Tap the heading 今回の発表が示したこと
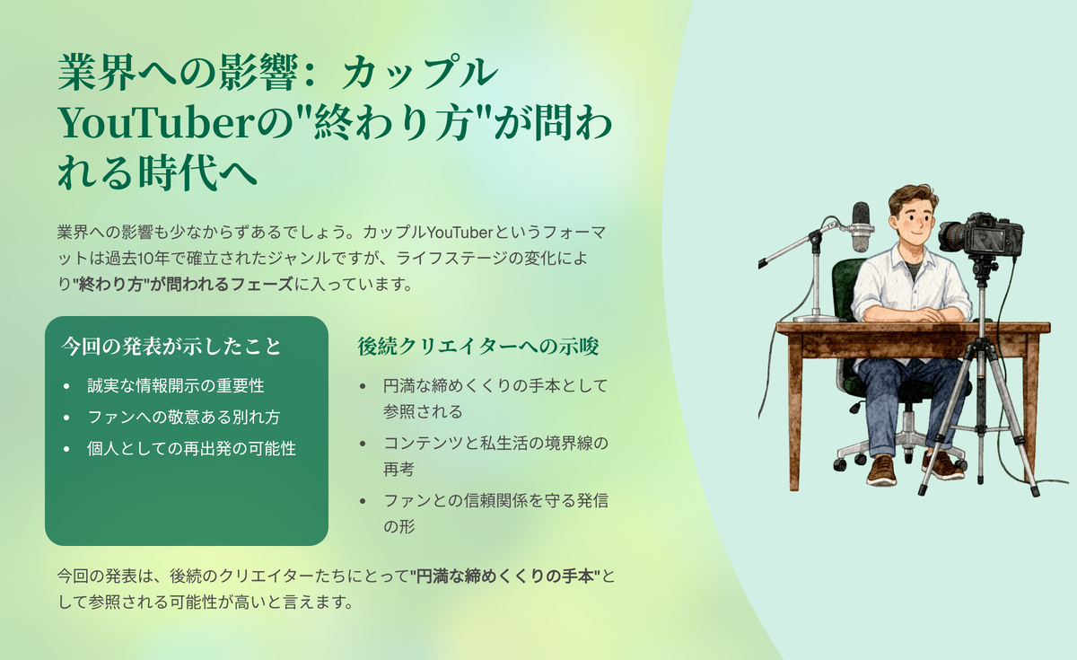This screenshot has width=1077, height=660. point(171,347)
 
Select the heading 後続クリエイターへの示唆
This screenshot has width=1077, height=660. point(477,347)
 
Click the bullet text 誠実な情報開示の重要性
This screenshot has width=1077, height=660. point(176,386)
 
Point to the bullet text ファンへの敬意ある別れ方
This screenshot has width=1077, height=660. point(184,417)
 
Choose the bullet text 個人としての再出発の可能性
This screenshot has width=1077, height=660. point(191,448)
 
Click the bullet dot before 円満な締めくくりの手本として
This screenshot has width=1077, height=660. point(363,386)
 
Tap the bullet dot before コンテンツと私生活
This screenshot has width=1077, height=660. point(363,443)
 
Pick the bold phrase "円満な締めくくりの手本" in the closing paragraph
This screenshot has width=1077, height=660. point(504,576)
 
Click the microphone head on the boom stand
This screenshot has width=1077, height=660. point(861,226)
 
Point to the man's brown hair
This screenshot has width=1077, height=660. point(911,198)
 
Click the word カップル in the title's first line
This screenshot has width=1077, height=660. point(419,73)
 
